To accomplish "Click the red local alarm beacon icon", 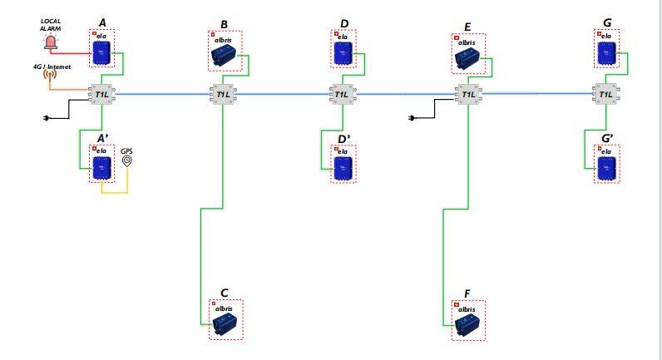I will coord(52,42).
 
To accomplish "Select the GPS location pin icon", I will coord(126,160).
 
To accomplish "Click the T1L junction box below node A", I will coord(102,95).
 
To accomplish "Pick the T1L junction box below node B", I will coord(224,95).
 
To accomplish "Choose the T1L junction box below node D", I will coord(342,95).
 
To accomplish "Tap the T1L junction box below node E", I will coord(468,95).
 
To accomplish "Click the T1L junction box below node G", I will coord(605,95).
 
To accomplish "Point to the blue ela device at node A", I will coord(102,53).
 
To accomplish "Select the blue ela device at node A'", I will coord(102,166).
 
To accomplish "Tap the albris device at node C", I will coord(225,323).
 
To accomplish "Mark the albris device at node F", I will coord(468,323).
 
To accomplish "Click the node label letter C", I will coord(225,293).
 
